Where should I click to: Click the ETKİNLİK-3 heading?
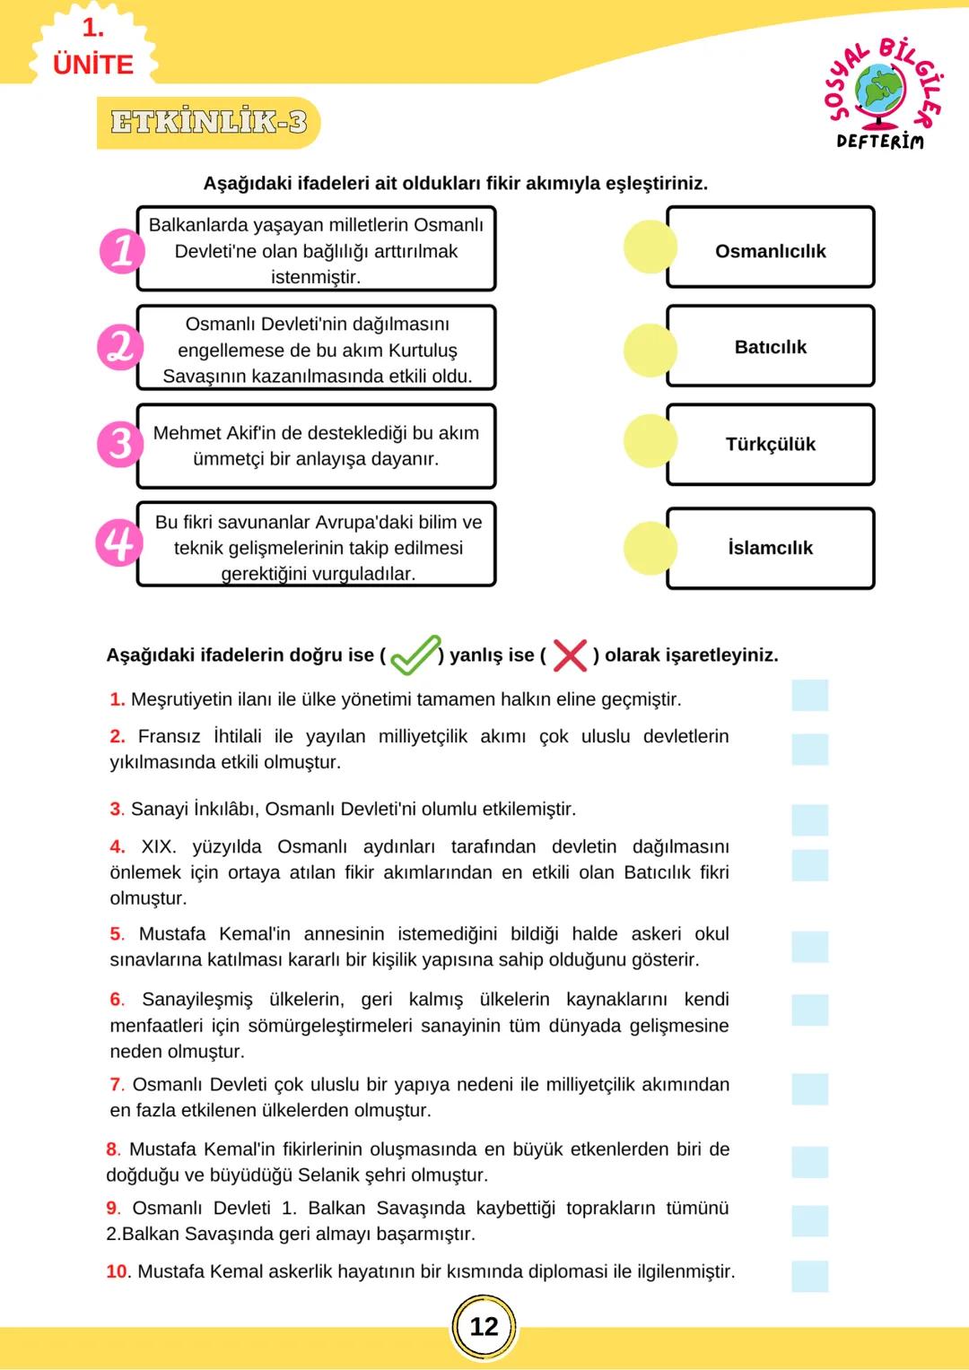208,122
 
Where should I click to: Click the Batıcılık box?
770,347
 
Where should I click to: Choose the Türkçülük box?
770,445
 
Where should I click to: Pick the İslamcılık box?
770,548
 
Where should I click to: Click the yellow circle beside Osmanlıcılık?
650,247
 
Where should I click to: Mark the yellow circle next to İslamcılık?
650,548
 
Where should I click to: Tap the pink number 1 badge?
122,250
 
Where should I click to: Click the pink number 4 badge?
119,542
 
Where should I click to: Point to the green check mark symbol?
415,655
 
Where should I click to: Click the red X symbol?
570,655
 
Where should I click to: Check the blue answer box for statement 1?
809,696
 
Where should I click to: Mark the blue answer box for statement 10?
809,1276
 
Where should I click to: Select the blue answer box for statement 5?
809,947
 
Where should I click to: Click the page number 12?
484,1327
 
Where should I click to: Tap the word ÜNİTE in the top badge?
93,65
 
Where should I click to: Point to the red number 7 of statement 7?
116,1085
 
